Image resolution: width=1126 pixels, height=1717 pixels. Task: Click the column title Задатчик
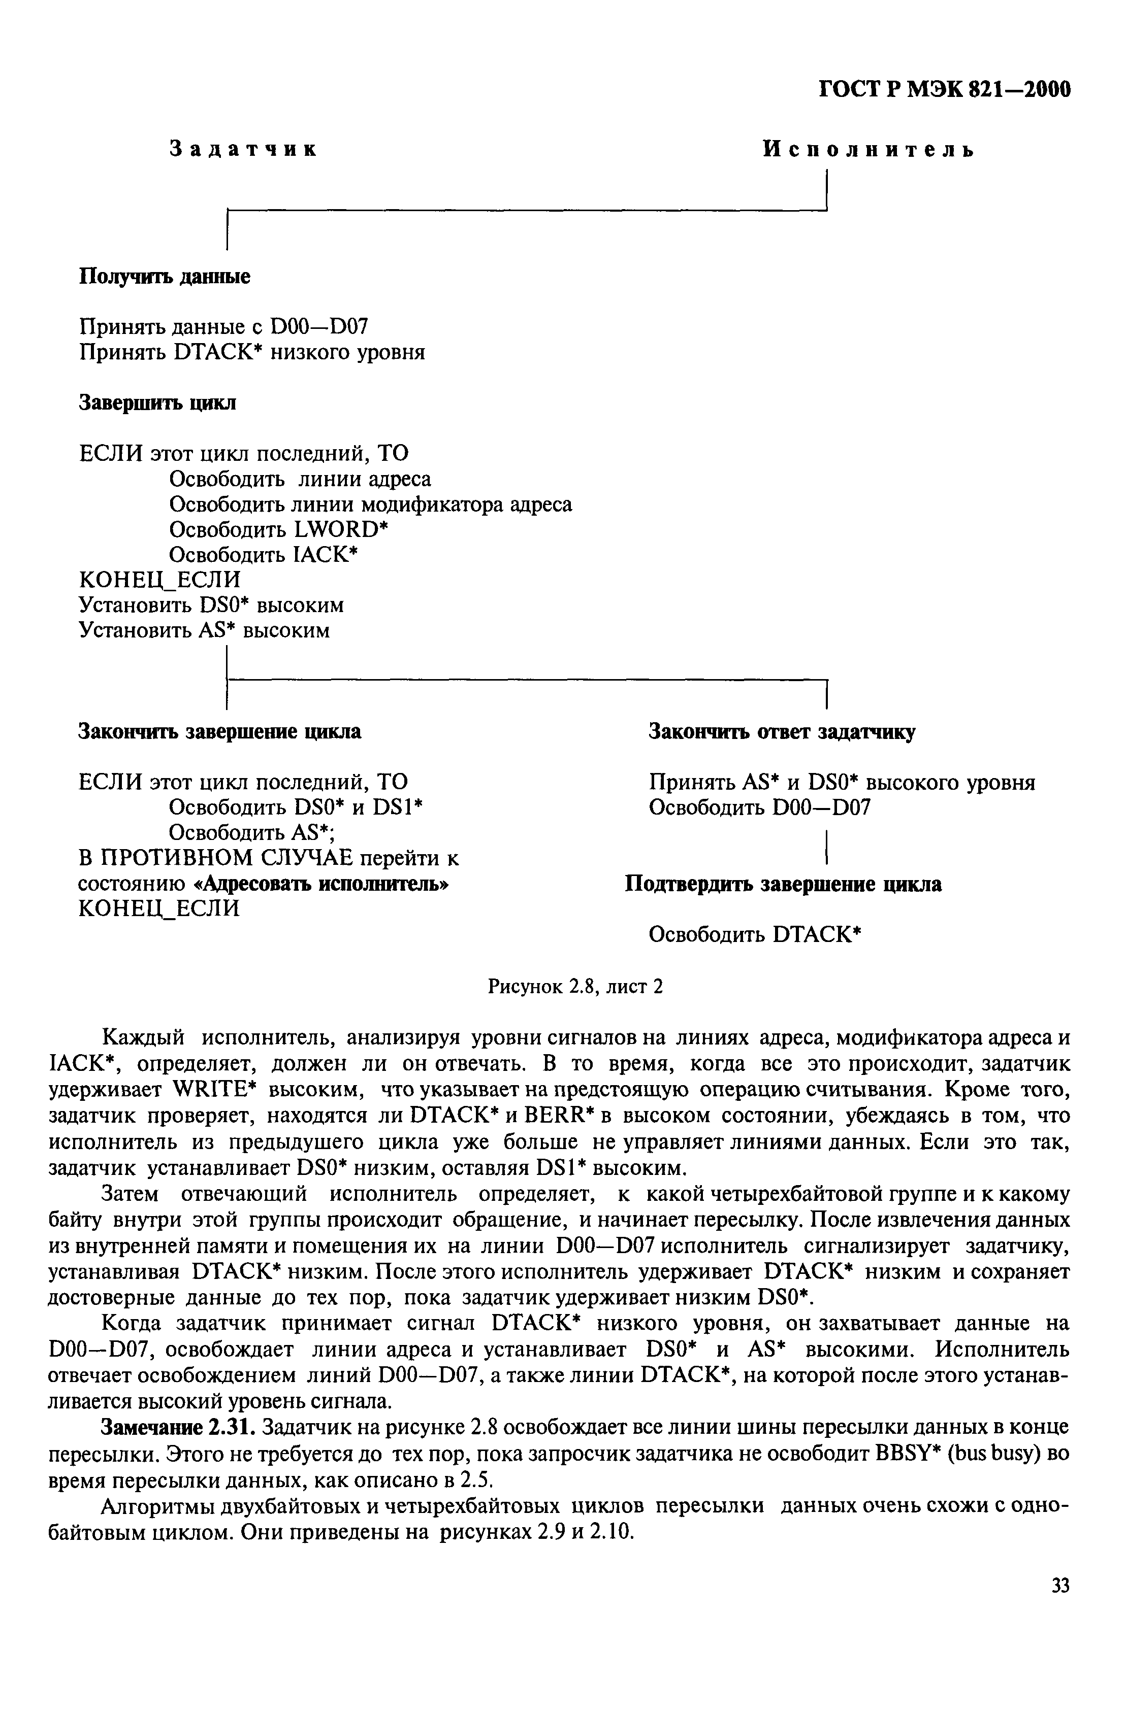coord(243,149)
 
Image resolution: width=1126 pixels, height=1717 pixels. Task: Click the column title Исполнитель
coord(868,149)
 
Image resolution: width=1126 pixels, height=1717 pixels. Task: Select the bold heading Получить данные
coord(164,276)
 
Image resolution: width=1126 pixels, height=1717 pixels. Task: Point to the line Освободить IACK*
coord(264,555)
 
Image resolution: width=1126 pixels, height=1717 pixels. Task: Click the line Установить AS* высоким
coord(204,630)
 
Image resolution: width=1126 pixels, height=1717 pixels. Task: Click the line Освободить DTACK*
coord(755,934)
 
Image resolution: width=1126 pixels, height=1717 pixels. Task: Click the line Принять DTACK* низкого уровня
coord(251,352)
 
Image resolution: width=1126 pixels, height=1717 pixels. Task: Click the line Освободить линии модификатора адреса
coord(370,504)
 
